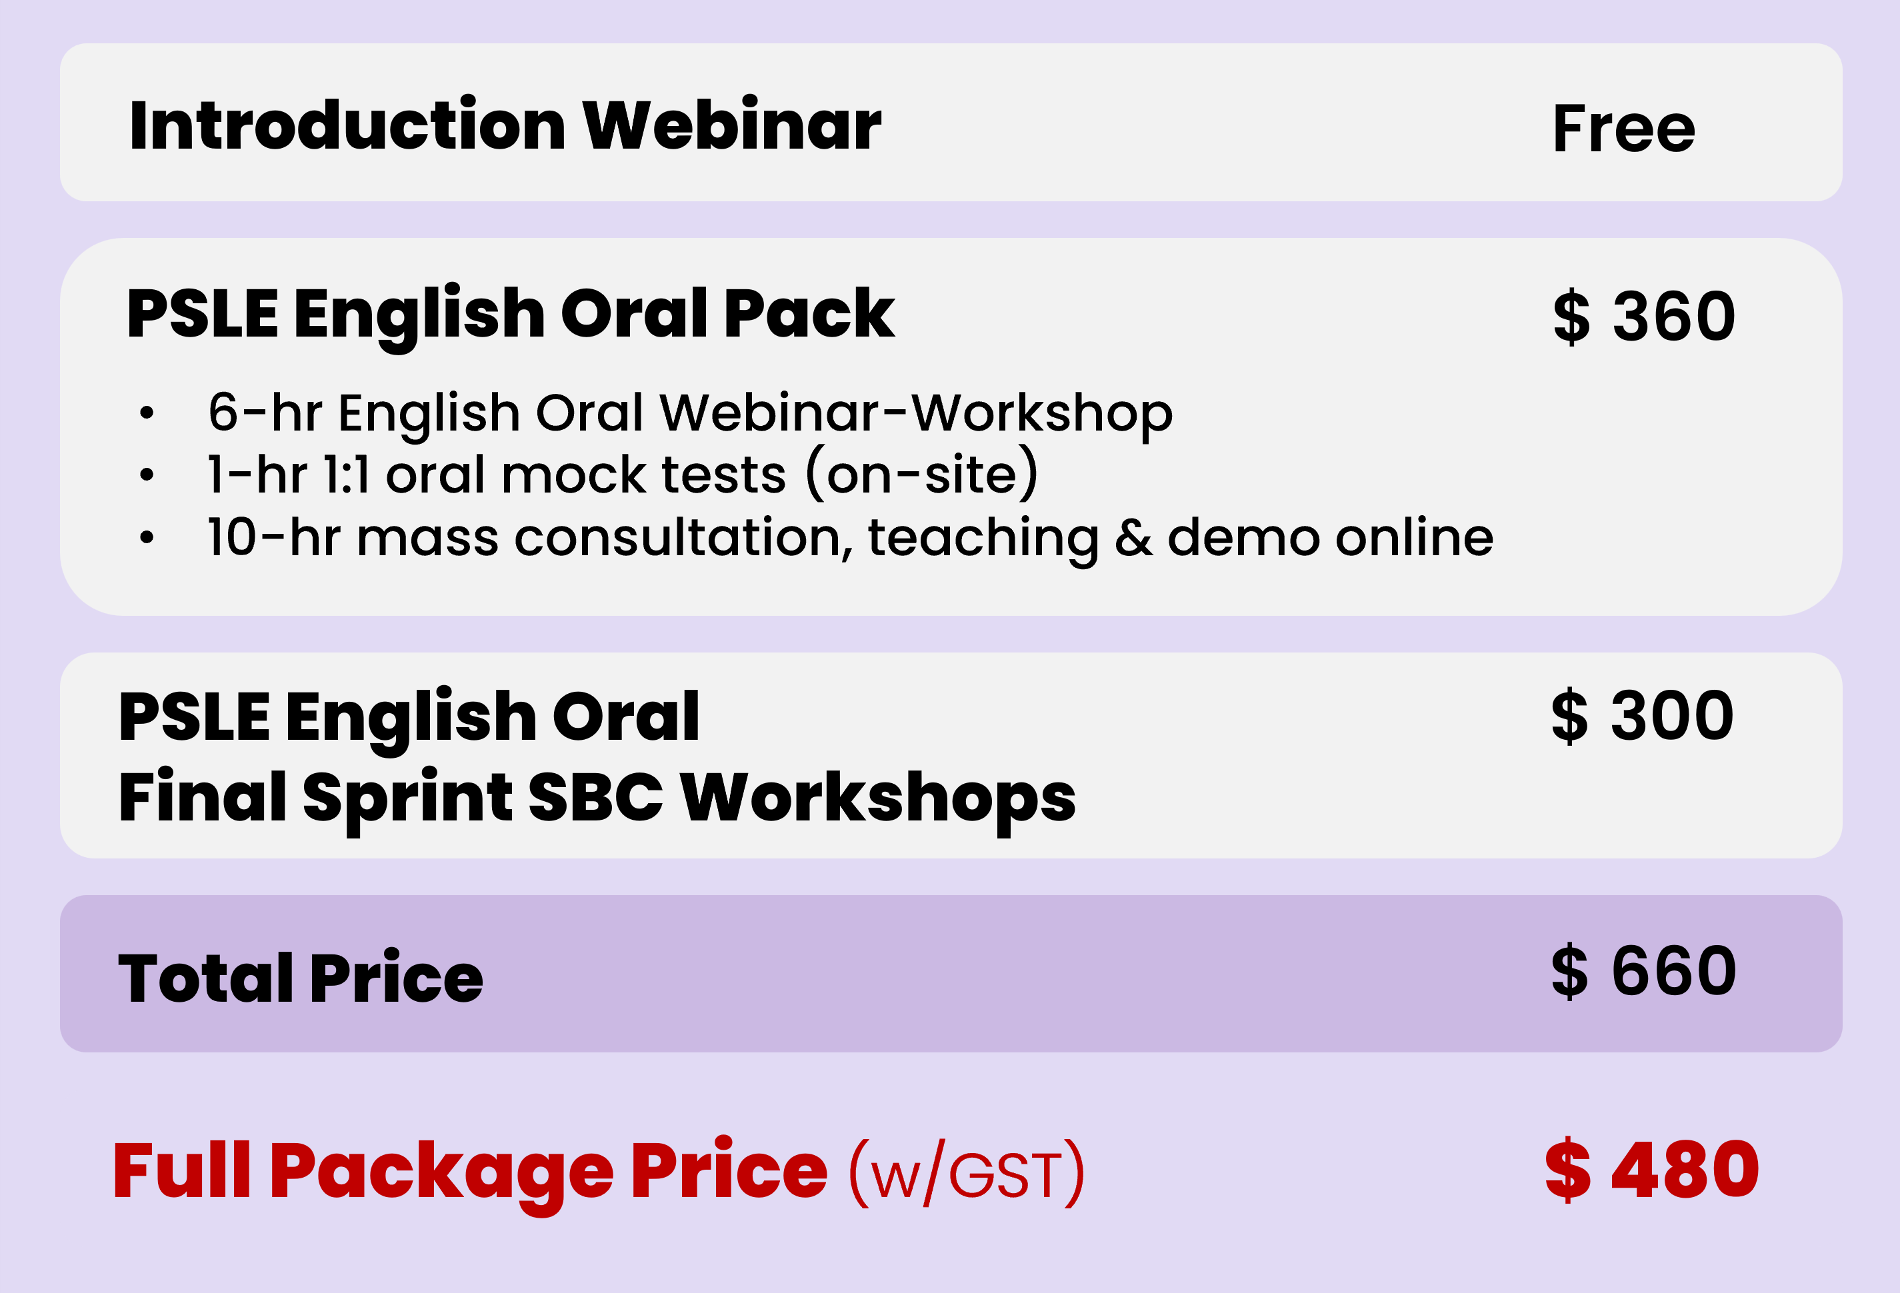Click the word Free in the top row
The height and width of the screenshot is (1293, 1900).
tap(1623, 129)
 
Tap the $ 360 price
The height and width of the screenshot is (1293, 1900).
tap(1644, 317)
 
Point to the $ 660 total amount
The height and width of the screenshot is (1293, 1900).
tap(1644, 972)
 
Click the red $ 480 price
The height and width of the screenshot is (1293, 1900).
tap(1652, 1170)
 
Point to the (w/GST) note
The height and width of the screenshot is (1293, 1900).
tap(967, 1174)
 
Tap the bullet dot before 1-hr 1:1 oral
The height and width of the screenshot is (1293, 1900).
tap(147, 474)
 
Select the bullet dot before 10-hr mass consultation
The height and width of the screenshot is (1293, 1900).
tap(147, 537)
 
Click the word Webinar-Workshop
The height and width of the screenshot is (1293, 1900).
tap(917, 413)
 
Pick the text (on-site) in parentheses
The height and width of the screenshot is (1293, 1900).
tap(922, 474)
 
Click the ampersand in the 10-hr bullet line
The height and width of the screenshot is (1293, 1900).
tap(1134, 538)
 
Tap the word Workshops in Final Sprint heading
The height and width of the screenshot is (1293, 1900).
tap(878, 797)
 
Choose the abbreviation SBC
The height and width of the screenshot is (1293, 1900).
tap(595, 797)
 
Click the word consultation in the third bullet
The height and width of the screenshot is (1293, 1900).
tap(683, 538)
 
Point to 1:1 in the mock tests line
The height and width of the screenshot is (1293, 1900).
tap(347, 475)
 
